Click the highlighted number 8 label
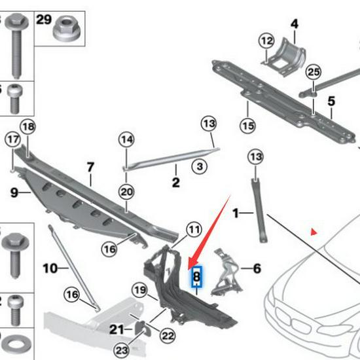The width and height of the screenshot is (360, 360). [196, 278]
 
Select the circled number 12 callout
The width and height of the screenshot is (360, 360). [266, 41]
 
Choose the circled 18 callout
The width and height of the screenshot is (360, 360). [27, 126]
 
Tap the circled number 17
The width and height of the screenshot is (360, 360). [13, 139]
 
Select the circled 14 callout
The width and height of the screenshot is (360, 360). [126, 139]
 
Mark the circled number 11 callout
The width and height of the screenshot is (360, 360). [194, 230]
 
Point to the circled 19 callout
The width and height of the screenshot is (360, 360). [138, 290]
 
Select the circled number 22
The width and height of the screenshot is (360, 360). [168, 336]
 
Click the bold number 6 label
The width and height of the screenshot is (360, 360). [257, 268]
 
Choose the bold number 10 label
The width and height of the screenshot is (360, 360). [50, 268]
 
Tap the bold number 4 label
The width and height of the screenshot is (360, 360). [295, 24]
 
